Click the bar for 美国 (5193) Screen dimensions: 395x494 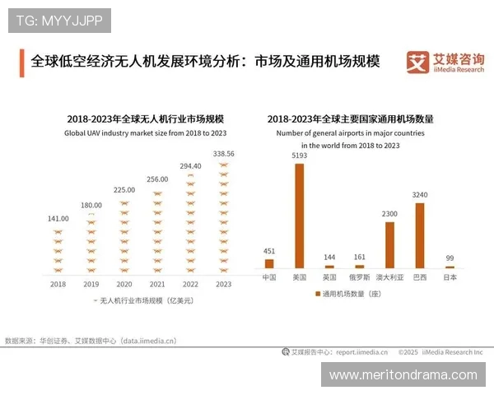coord(299,216)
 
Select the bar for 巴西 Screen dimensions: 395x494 coord(419,235)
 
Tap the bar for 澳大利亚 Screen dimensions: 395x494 coord(389,245)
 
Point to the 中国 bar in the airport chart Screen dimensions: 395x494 coord(269,264)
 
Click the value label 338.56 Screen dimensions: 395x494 coord(223,154)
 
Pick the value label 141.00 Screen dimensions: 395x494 coord(58,219)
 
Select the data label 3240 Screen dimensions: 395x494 coord(419,195)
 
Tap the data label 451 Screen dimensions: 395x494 coord(269,252)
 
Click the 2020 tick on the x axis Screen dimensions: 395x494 coord(123,284)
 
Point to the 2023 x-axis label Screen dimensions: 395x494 coord(223,284)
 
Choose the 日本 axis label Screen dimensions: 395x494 coord(450,278)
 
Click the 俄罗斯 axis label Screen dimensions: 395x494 coord(359,278)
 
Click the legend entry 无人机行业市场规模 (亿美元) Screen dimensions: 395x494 coord(143,301)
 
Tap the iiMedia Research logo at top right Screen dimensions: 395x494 coord(445,62)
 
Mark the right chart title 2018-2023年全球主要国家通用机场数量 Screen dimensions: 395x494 coord(350,119)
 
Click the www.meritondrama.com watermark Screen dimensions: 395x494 coord(403,374)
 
